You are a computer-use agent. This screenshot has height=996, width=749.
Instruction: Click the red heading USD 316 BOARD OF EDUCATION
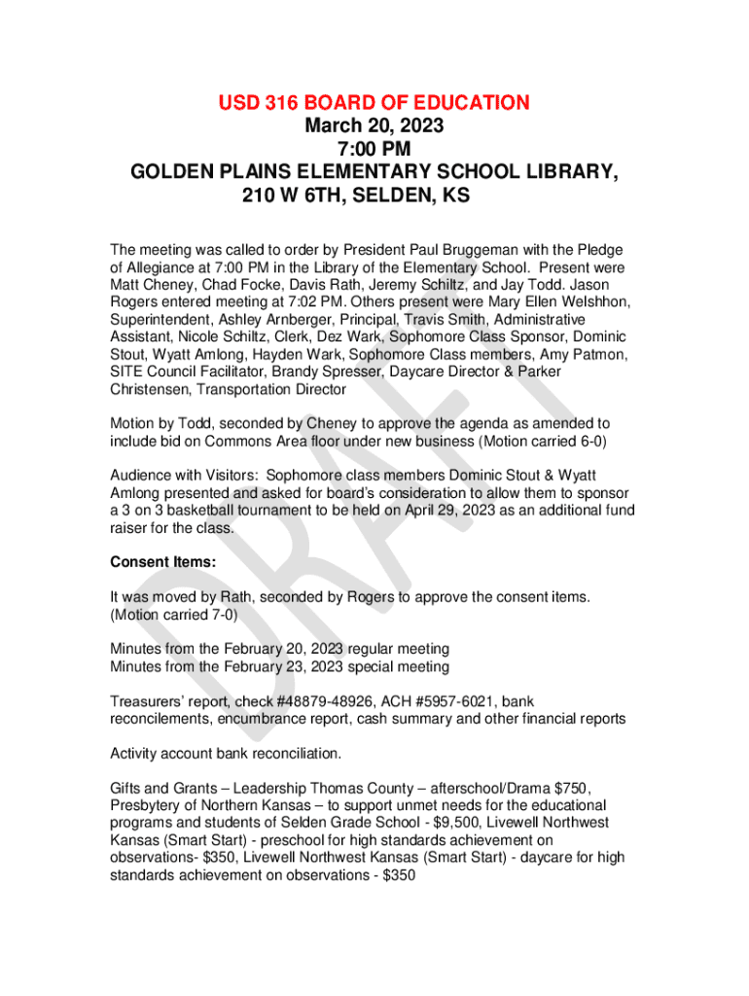pyautogui.click(x=374, y=102)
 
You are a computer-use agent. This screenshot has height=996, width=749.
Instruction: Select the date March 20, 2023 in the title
pyautogui.click(x=374, y=125)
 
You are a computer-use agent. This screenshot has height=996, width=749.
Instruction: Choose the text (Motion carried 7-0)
pyautogui.click(x=173, y=615)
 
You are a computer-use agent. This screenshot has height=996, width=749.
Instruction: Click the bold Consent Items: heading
pyautogui.click(x=162, y=562)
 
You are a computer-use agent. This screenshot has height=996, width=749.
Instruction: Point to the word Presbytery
pyautogui.click(x=147, y=805)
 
